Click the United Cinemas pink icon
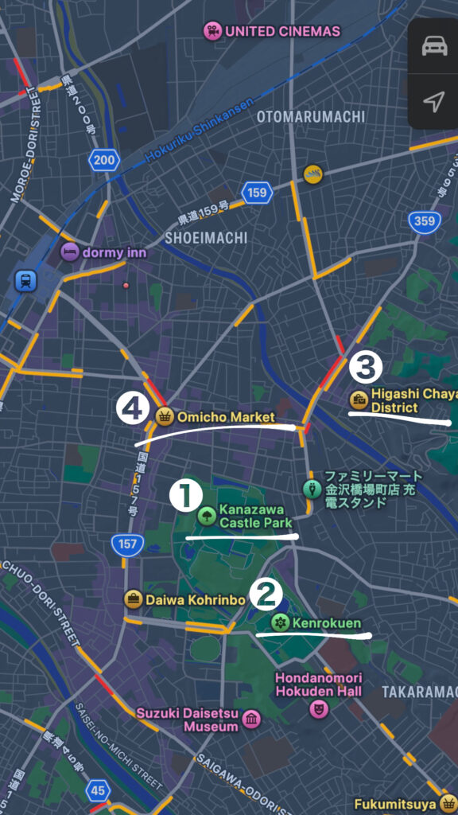[x=212, y=31]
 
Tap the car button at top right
[x=434, y=46]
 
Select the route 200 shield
[x=104, y=161]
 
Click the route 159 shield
[x=257, y=193]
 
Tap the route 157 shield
[x=128, y=545]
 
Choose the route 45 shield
[x=99, y=790]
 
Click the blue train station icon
[x=26, y=280]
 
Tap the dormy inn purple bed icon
[x=71, y=252]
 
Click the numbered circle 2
[x=266, y=593]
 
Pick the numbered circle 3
[x=366, y=367]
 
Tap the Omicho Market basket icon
[x=165, y=416]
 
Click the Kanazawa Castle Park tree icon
[x=207, y=515]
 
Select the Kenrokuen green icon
[x=280, y=622]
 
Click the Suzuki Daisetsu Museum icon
[x=252, y=719]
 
